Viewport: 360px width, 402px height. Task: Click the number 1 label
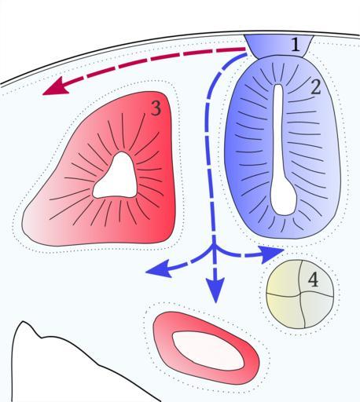pyautogui.click(x=296, y=45)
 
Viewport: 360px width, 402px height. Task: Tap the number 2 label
pyautogui.click(x=315, y=87)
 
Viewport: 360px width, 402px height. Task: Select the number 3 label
pyautogui.click(x=156, y=108)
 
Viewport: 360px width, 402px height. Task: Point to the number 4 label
pyautogui.click(x=313, y=280)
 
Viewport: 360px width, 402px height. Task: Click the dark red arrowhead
pyautogui.click(x=57, y=87)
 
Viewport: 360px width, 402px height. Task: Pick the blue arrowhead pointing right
pyautogui.click(x=271, y=254)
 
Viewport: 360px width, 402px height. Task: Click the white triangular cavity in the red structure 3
pyautogui.click(x=116, y=177)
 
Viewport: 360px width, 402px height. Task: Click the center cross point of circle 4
pyautogui.click(x=300, y=294)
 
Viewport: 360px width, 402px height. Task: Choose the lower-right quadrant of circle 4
pyautogui.click(x=317, y=309)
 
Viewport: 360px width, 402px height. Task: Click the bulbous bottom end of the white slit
pyautogui.click(x=284, y=199)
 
